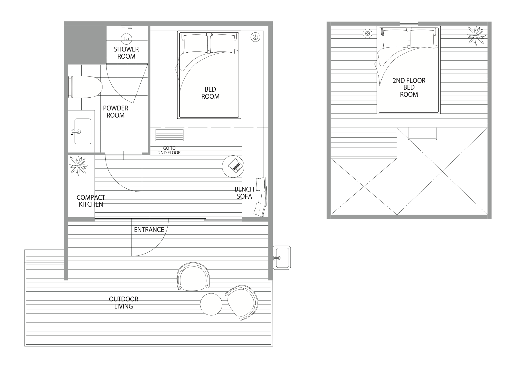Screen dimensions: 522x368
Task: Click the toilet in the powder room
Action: coord(85,87)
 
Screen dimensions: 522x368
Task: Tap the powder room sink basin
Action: coord(83,131)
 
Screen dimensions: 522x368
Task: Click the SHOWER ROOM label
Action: coord(126,53)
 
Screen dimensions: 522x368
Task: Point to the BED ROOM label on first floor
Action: coord(210,93)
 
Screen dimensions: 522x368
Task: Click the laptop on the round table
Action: coord(235,165)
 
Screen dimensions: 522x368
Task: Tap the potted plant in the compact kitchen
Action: coord(78,166)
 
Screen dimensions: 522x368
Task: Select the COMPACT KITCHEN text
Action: coord(91,201)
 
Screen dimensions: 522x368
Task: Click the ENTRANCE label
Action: coord(149,230)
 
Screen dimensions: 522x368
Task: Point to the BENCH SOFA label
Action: coord(244,193)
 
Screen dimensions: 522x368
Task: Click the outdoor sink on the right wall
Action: coord(281,258)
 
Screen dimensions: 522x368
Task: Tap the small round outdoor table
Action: coord(211,304)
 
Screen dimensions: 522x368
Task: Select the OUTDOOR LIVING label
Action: coord(124,303)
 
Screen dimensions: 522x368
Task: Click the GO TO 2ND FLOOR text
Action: coord(169,151)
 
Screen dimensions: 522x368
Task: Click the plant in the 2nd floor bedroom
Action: coord(476,36)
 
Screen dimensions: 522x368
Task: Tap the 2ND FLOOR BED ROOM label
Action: coord(409,87)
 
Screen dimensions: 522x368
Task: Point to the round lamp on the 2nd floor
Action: coord(367,34)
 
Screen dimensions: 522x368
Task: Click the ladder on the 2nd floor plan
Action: coord(422,134)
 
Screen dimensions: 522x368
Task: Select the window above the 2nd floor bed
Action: coord(409,24)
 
